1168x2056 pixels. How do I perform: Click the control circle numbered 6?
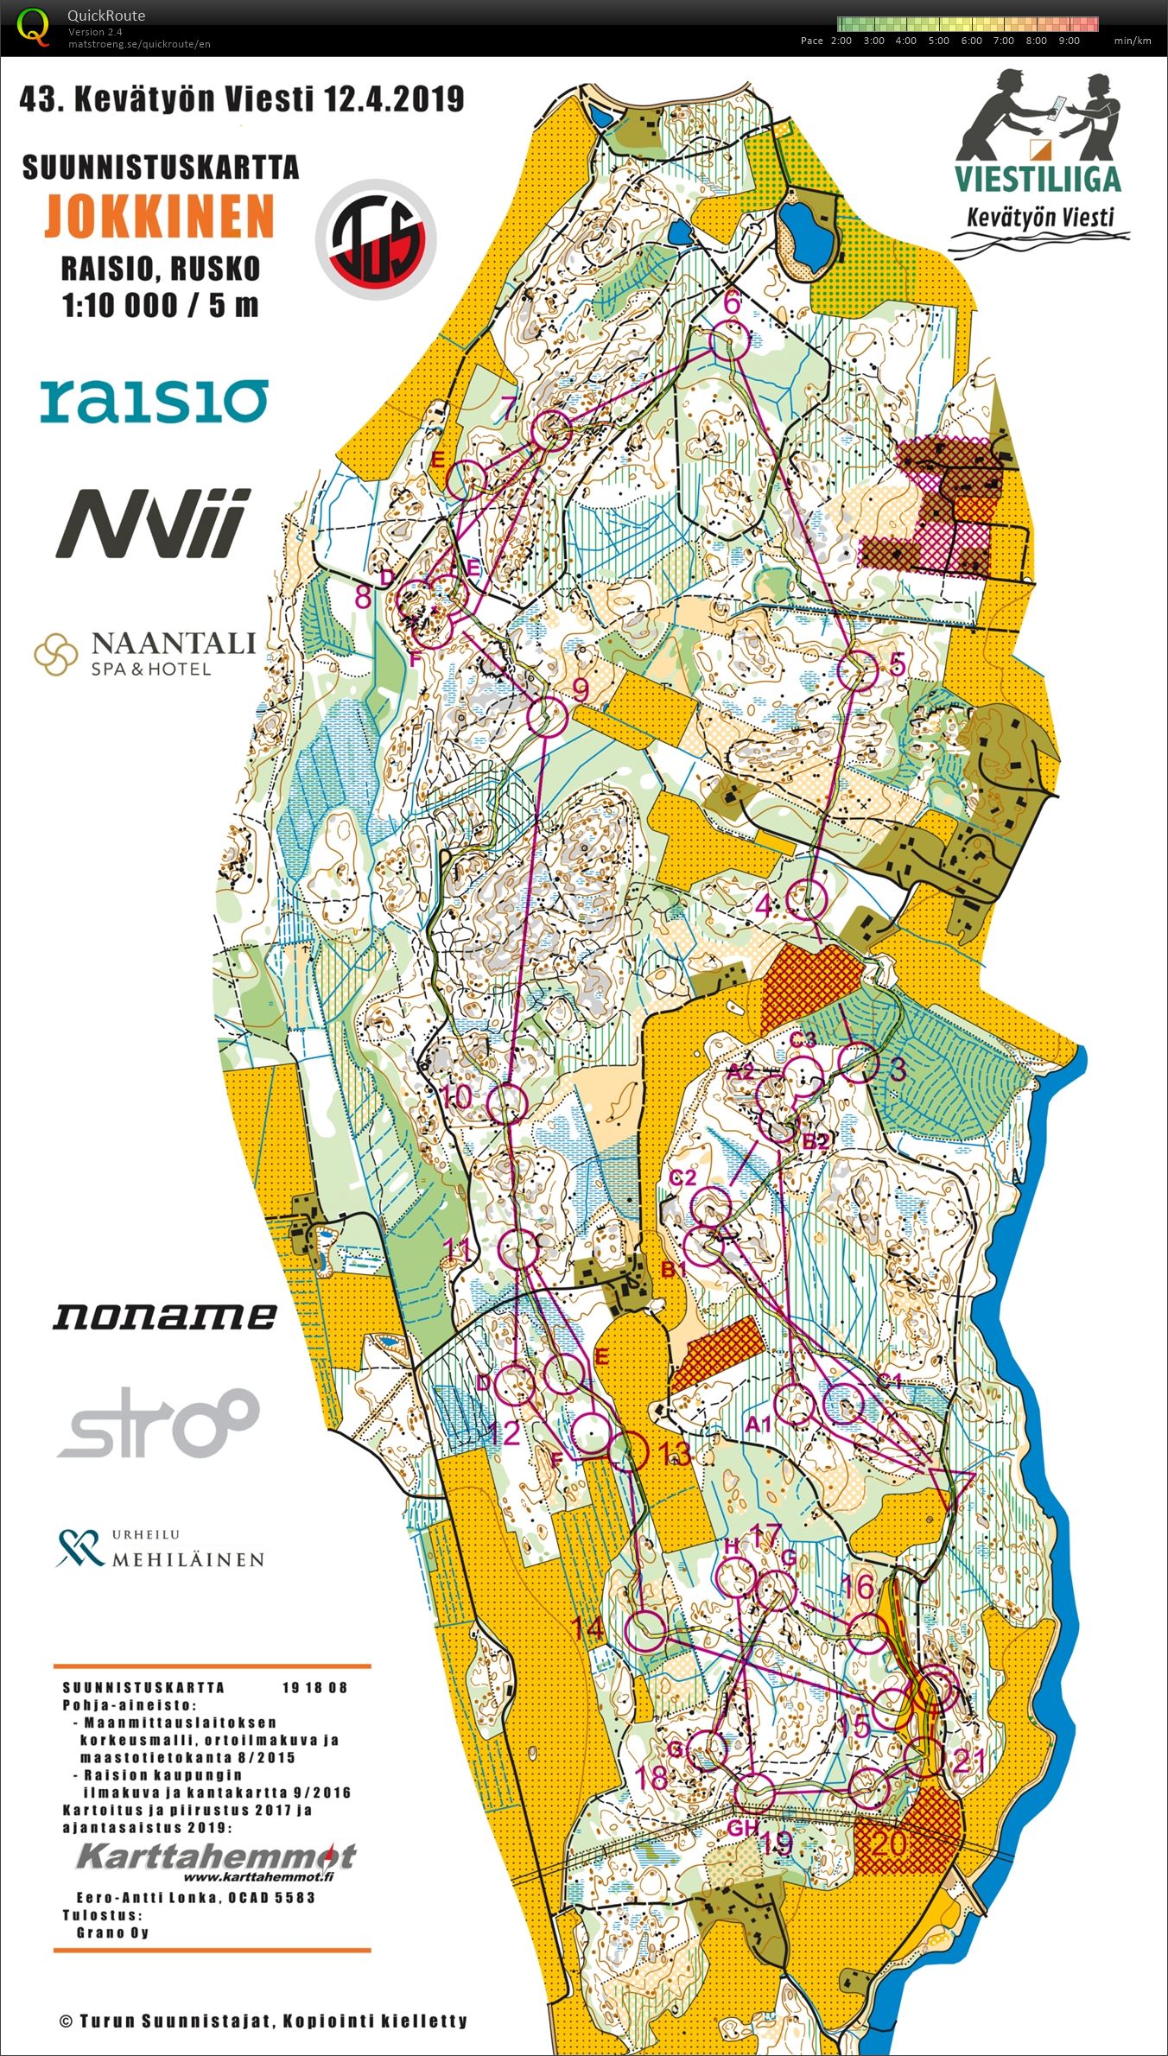(x=730, y=342)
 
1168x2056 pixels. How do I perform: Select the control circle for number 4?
(x=808, y=899)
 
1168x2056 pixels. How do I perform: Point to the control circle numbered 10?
(x=507, y=1103)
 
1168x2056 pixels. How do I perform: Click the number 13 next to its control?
(x=675, y=1453)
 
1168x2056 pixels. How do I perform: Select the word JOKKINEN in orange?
(x=160, y=216)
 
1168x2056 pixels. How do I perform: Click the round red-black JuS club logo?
(x=376, y=239)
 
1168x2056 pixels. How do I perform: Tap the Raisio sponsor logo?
(x=154, y=401)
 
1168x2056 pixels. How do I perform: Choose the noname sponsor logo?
(x=165, y=1316)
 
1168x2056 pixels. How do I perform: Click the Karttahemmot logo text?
(x=216, y=1855)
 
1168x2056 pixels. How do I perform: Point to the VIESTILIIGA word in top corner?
(x=1038, y=178)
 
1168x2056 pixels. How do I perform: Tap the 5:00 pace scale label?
(x=938, y=41)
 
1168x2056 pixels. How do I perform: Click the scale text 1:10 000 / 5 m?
(x=160, y=305)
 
